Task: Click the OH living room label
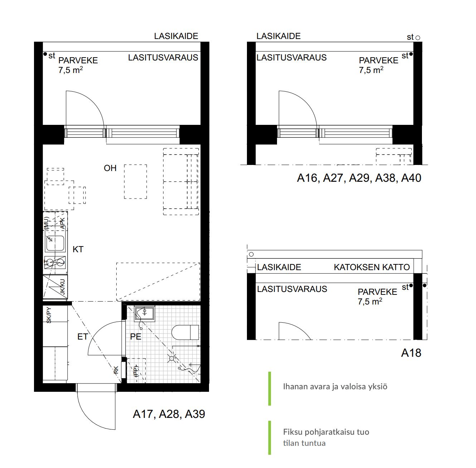point(110,168)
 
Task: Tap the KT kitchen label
point(78,249)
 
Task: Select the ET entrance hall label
point(83,337)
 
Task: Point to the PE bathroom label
point(136,337)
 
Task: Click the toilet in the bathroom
point(185,332)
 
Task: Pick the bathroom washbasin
point(145,314)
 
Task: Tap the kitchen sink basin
point(55,243)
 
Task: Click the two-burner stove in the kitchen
point(55,263)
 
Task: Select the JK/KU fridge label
point(63,287)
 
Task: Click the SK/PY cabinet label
point(49,315)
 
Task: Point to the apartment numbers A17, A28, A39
point(169,414)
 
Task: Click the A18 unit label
point(411,353)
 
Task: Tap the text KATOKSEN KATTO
point(372,267)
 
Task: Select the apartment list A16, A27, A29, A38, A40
point(359,178)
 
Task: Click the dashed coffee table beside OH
point(135,181)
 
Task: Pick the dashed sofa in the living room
point(181,181)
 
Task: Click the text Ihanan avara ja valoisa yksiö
point(335,386)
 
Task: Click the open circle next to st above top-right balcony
point(418,38)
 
